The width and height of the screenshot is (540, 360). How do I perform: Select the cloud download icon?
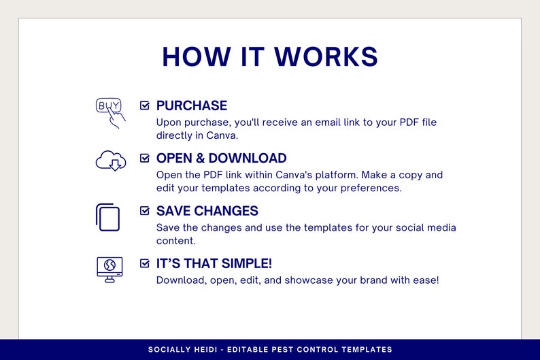click(110, 161)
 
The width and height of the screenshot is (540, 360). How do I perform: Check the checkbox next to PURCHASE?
click(145, 105)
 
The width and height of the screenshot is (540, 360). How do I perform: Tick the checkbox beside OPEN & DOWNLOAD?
click(145, 158)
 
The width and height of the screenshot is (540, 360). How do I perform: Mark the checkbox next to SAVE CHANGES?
click(145, 211)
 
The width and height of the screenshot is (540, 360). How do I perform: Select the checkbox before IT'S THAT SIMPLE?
click(145, 263)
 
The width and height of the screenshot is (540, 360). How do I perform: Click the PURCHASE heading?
click(191, 105)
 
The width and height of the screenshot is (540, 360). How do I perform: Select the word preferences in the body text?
click(368, 188)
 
